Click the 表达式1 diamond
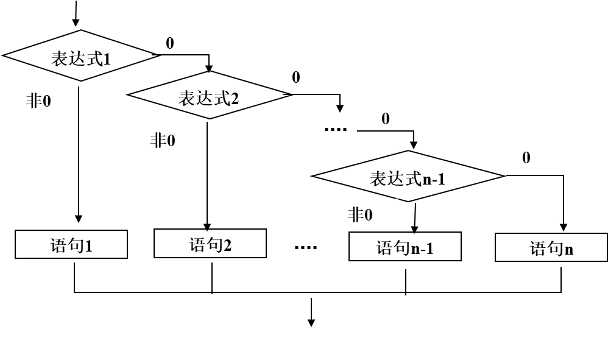pyautogui.click(x=80, y=56)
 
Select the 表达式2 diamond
pyautogui.click(x=208, y=96)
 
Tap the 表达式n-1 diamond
pyautogui.click(x=407, y=177)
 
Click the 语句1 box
pyautogui.click(x=71, y=244)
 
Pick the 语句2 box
pyautogui.click(x=210, y=244)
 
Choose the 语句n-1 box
pyautogui.click(x=405, y=247)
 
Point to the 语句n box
pyautogui.click(x=551, y=247)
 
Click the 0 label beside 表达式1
pyautogui.click(x=176, y=41)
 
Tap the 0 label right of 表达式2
pyautogui.click(x=300, y=76)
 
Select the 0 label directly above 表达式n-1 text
pyautogui.click(x=389, y=117)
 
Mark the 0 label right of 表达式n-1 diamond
pyautogui.click(x=532, y=157)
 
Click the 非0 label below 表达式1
pyautogui.click(x=46, y=99)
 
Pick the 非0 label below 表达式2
pyautogui.click(x=170, y=138)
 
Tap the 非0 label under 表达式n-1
pyautogui.click(x=367, y=213)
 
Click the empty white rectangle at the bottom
pyautogui.click(x=299, y=344)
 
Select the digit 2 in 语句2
pyautogui.click(x=227, y=245)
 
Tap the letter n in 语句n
pyautogui.click(x=569, y=249)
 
